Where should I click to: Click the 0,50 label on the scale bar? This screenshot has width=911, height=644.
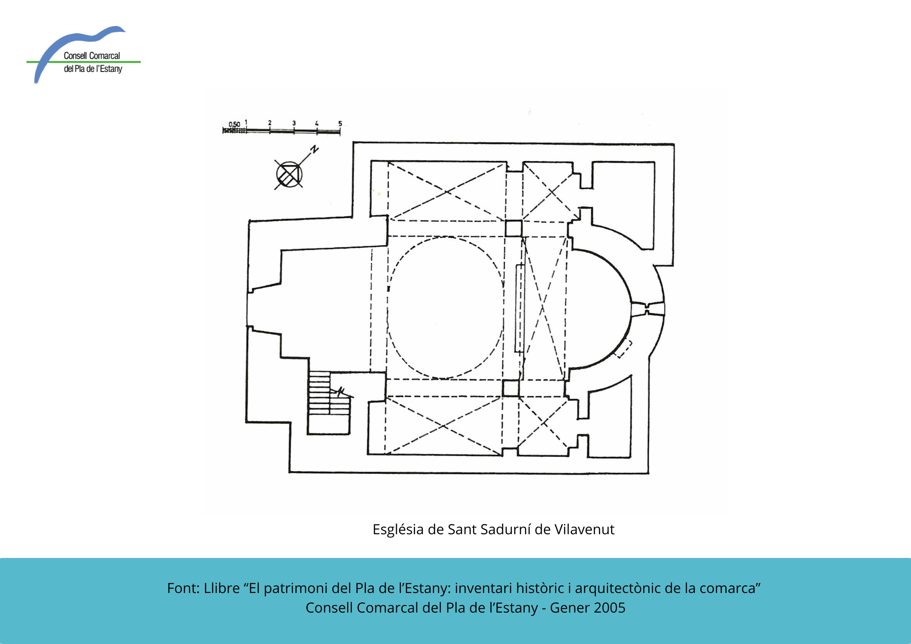(234, 124)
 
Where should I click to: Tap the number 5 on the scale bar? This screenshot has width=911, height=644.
(340, 123)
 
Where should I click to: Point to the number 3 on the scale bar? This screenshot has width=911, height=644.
(294, 123)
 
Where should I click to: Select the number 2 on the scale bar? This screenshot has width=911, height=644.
(270, 123)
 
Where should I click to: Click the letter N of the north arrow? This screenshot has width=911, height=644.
(314, 149)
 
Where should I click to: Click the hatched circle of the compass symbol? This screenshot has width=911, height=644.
(289, 174)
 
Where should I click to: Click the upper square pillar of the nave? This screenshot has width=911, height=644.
(513, 228)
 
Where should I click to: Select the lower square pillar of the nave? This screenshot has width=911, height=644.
(511, 388)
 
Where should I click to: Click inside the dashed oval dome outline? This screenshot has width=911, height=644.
(445, 307)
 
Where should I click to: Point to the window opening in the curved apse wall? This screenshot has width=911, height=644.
(647, 309)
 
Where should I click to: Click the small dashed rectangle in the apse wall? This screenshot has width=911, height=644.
(624, 349)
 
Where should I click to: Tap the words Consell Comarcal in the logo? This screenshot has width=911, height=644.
(92, 56)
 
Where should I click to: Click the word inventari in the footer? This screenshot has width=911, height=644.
(481, 588)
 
